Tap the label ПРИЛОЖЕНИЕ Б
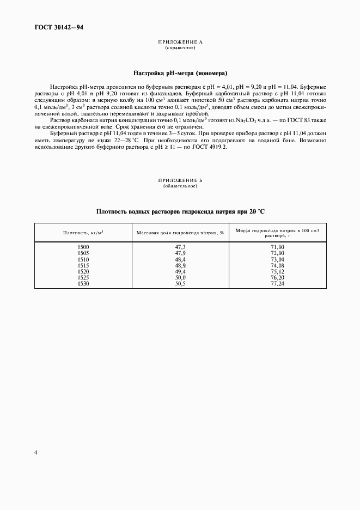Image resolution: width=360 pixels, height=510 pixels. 180,180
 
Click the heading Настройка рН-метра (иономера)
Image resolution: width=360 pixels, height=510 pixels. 180,73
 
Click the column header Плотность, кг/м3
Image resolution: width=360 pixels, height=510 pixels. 83,233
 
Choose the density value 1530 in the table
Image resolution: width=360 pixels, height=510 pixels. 83,283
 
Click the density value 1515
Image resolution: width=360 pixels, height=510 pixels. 83,265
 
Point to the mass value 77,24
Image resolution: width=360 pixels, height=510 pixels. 278,283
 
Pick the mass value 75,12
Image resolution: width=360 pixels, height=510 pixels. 278,271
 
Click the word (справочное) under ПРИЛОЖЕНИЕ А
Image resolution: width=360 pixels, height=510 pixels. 180,48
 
